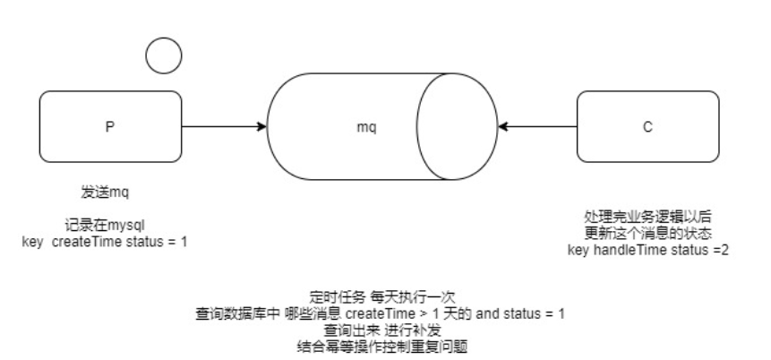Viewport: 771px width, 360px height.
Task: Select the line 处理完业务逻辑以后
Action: point(647,218)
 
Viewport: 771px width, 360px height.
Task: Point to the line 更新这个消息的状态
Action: point(647,233)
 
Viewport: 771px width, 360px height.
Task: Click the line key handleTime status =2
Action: point(647,249)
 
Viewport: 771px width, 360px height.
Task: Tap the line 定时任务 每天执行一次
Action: point(379,298)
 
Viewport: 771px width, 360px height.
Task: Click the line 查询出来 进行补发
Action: point(379,330)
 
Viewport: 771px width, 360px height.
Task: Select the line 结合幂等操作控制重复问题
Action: point(379,346)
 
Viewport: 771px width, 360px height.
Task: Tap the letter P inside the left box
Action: point(109,127)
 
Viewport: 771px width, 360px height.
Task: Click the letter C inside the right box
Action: point(647,127)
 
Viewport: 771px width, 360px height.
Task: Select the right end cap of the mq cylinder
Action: point(457,127)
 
